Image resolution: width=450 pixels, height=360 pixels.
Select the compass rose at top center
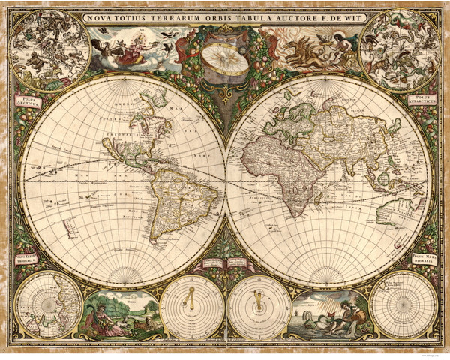coord(225,58)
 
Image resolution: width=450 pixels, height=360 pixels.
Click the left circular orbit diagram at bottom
coord(192,307)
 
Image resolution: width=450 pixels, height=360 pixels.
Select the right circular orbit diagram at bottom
coord(259,307)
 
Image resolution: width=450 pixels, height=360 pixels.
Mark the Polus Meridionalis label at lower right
coord(425,260)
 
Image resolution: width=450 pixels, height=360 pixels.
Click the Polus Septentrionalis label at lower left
coord(25,260)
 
